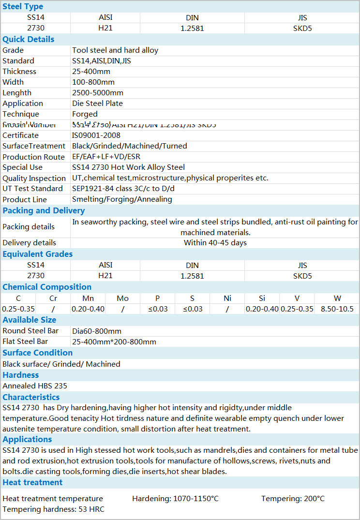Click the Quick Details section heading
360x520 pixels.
click(29, 39)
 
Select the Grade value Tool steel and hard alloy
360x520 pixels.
click(115, 50)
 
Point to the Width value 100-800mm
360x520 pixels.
click(93, 82)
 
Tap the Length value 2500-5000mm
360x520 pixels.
click(98, 93)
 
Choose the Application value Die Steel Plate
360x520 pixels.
click(97, 104)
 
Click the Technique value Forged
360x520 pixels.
click(85, 114)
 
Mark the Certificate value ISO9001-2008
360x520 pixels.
click(96, 135)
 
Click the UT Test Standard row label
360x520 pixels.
click(32, 189)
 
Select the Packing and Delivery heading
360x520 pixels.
click(44, 210)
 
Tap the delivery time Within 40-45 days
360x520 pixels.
click(215, 243)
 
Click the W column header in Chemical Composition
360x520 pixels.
click(337, 298)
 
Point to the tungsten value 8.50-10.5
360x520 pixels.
click(337, 309)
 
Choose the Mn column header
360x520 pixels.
click(88, 298)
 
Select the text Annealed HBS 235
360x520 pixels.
click(35, 386)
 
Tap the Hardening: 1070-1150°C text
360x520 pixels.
click(175, 499)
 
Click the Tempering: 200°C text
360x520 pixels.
click(293, 499)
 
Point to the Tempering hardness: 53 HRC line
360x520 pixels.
click(53, 509)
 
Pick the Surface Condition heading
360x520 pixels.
click(38, 353)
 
